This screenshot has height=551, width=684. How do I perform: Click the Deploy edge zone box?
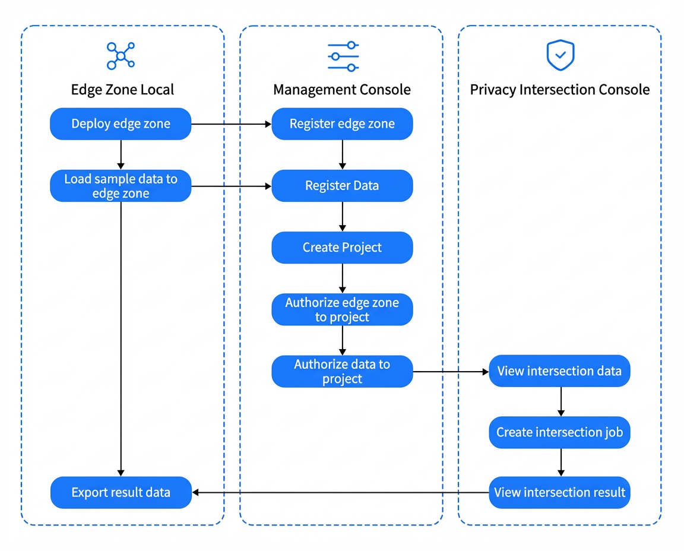pos(121,124)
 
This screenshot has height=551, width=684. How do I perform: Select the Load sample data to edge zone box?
pos(121,186)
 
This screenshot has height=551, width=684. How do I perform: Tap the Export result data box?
pos(121,493)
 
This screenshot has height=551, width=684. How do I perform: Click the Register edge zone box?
pos(343,124)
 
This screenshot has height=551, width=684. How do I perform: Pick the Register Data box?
pos(343,186)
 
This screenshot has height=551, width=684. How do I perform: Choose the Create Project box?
pos(343,248)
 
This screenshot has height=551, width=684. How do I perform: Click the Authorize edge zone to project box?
pos(343,309)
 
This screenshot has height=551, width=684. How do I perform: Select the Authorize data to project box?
pos(343,371)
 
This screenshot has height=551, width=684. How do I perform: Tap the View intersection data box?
pos(560,371)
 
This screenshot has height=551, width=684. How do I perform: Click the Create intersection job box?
pos(560,432)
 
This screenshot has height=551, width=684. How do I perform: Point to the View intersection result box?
pos(560,493)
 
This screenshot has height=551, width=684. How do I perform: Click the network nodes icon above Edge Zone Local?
pos(121,56)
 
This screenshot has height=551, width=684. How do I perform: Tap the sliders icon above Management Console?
pos(343,56)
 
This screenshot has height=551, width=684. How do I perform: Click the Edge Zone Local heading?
pos(122,90)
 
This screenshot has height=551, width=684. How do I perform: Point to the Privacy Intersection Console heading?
pos(560,90)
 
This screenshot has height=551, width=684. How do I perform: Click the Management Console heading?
pos(342,90)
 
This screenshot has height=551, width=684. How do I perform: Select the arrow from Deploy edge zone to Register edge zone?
pos(232,124)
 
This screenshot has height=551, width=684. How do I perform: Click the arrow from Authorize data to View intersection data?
pos(451,372)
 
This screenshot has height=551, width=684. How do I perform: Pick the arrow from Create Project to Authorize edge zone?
pos(343,278)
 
